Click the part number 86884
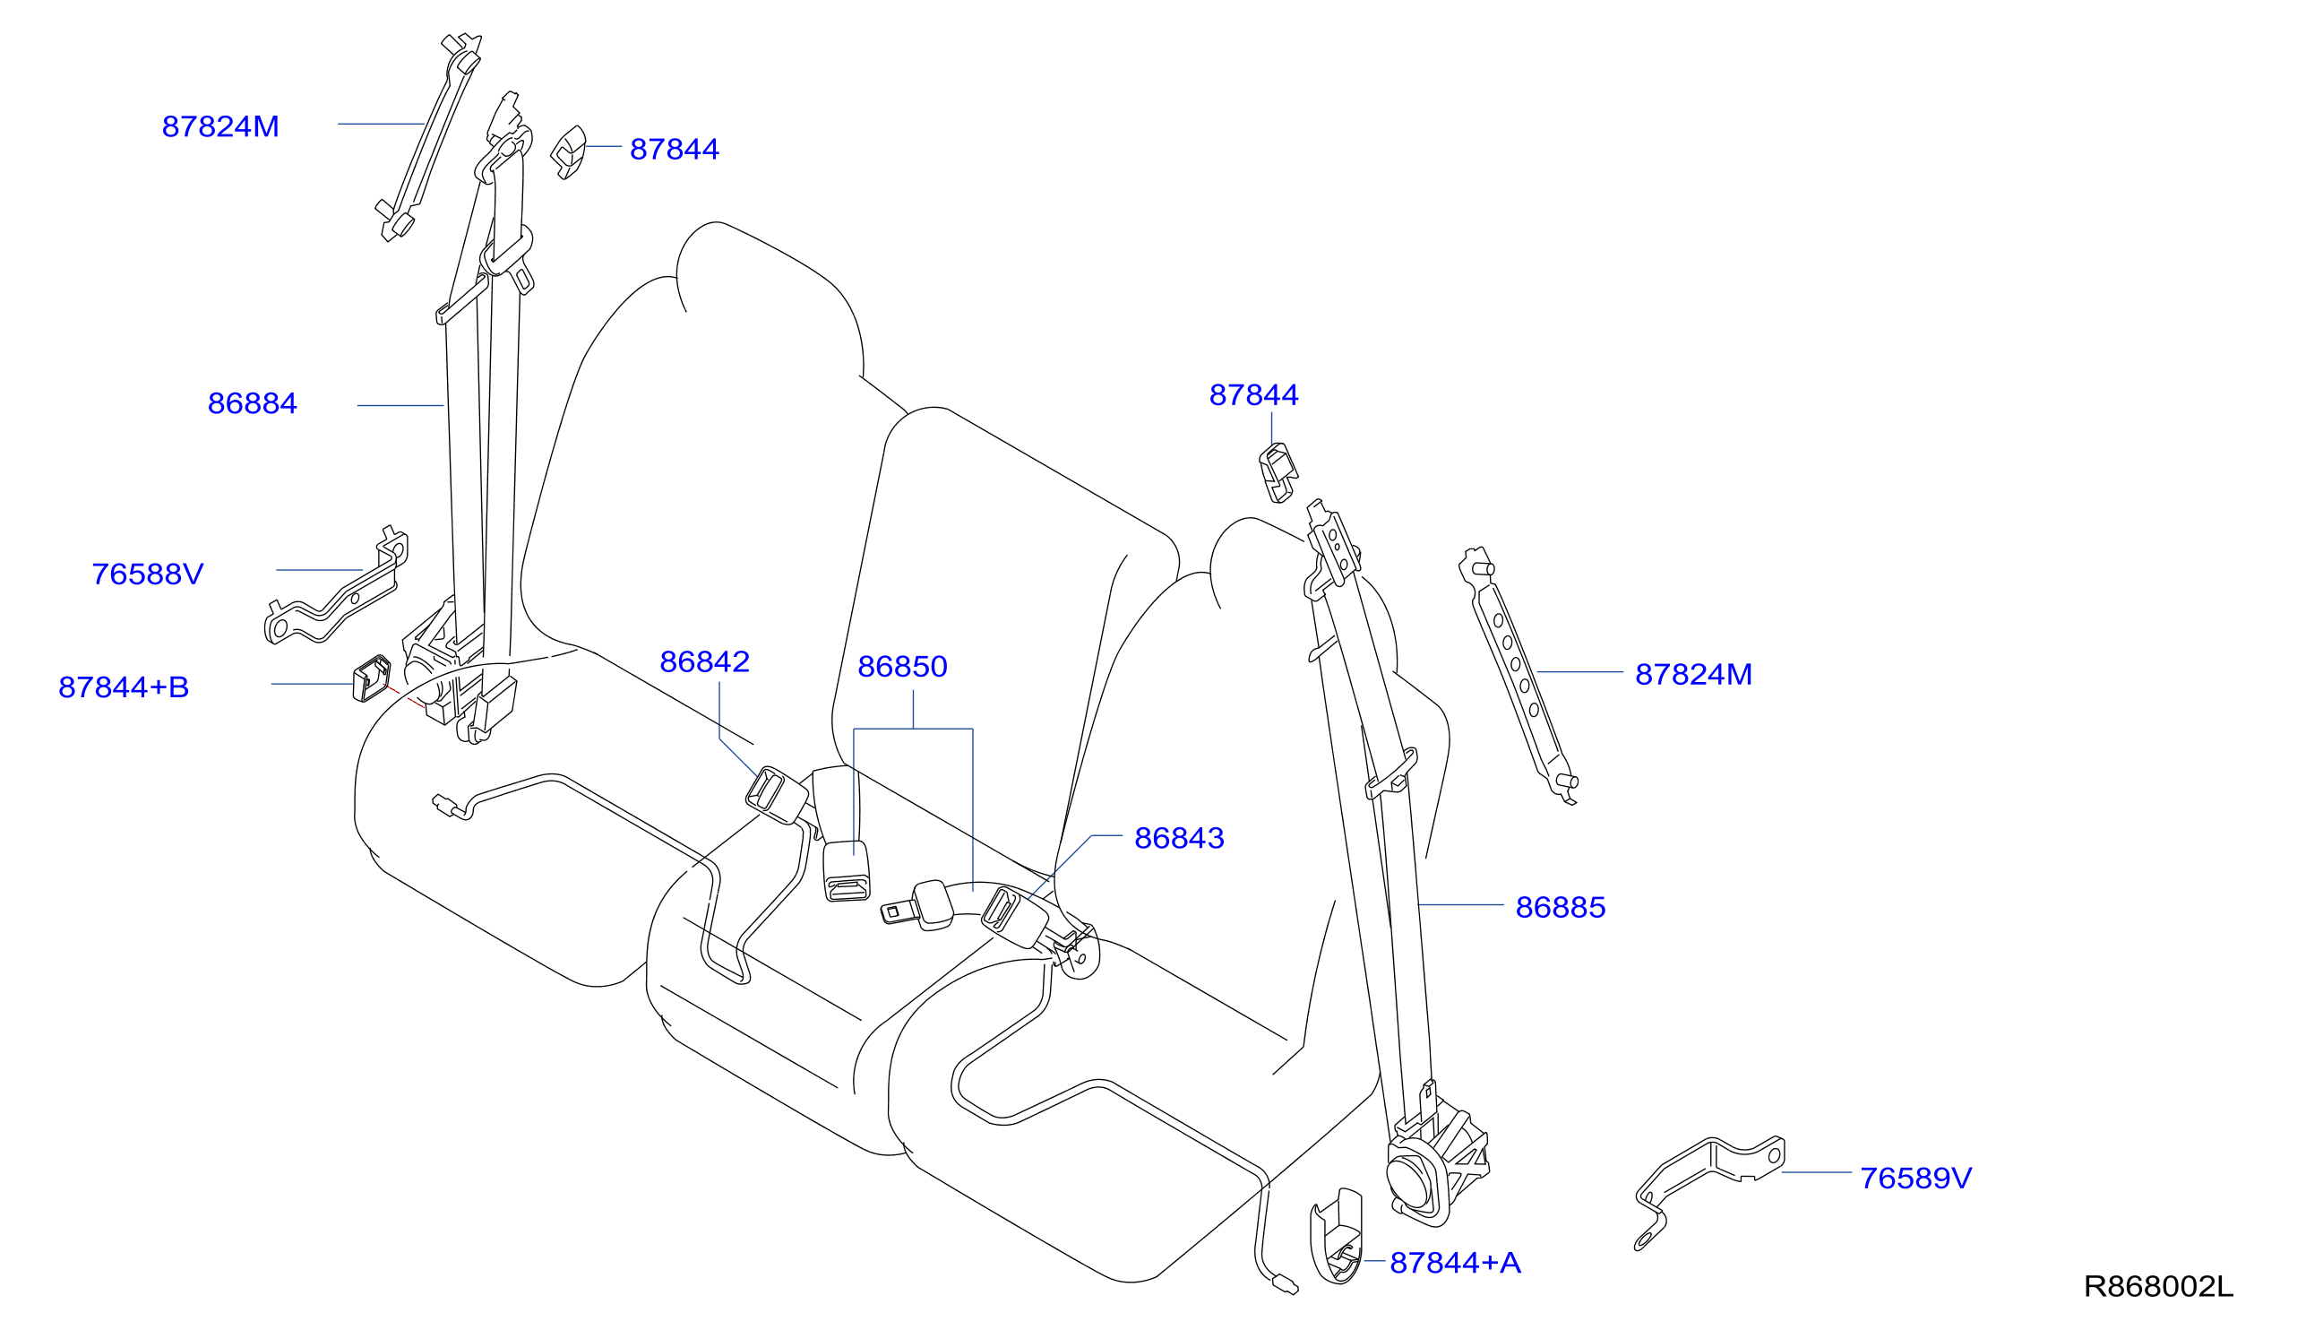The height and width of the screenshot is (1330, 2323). (252, 403)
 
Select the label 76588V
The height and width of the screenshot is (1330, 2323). (147, 574)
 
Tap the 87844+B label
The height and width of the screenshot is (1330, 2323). (124, 687)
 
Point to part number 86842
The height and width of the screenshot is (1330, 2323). (704, 662)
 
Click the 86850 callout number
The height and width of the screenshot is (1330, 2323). (902, 667)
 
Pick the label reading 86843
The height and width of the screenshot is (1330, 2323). (1179, 839)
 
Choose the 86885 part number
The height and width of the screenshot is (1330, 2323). (1561, 908)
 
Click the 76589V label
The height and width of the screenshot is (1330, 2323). (1915, 1179)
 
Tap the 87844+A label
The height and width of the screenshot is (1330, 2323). (1456, 1264)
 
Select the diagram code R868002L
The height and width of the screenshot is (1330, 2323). (2159, 1287)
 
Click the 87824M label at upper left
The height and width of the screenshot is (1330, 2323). (220, 127)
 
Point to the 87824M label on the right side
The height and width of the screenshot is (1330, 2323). (1694, 675)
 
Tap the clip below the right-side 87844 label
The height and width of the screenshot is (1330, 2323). (1278, 473)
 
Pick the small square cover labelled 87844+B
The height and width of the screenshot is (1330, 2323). (372, 678)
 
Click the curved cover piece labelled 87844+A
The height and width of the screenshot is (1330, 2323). (1336, 1236)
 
